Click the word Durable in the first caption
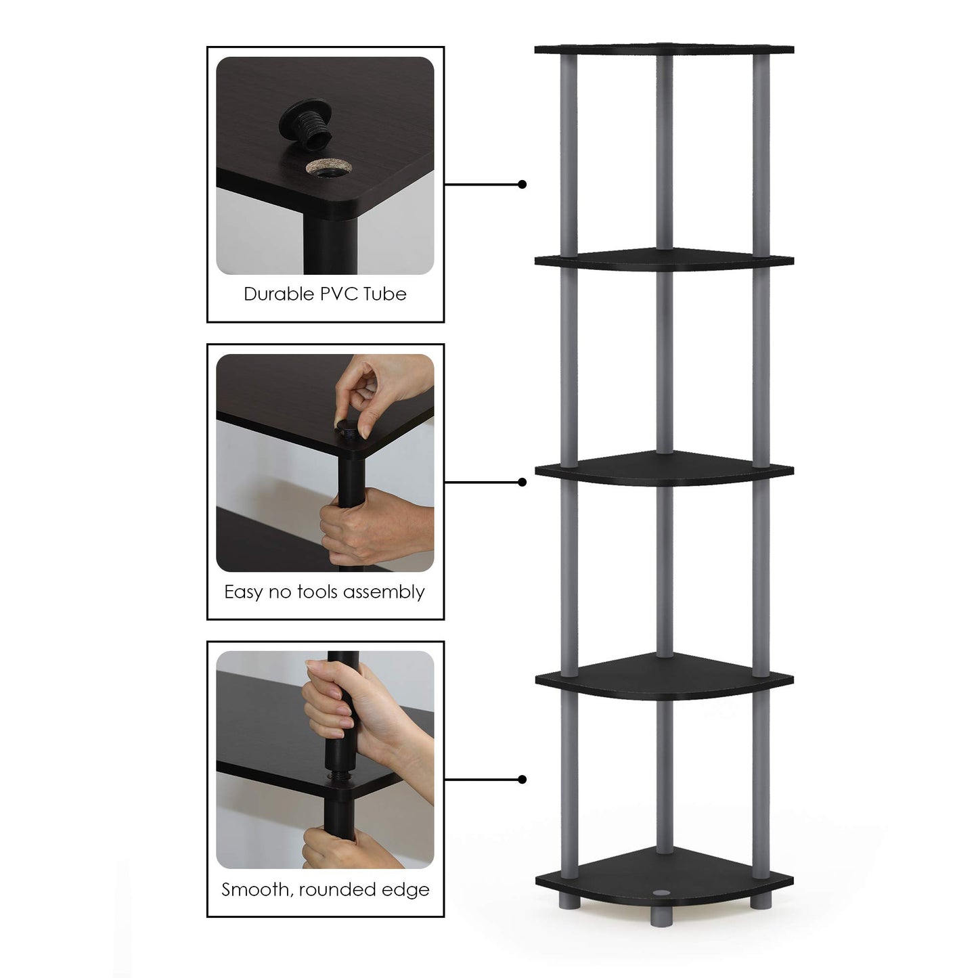coord(275,294)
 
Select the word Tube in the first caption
coord(384,294)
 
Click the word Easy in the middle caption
coord(243,592)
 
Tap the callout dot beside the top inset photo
coord(522,184)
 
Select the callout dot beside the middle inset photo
coord(522,482)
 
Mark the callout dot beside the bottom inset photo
coord(522,780)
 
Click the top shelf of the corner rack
coord(663,49)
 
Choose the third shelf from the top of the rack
coord(663,468)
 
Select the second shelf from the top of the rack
coord(663,260)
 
